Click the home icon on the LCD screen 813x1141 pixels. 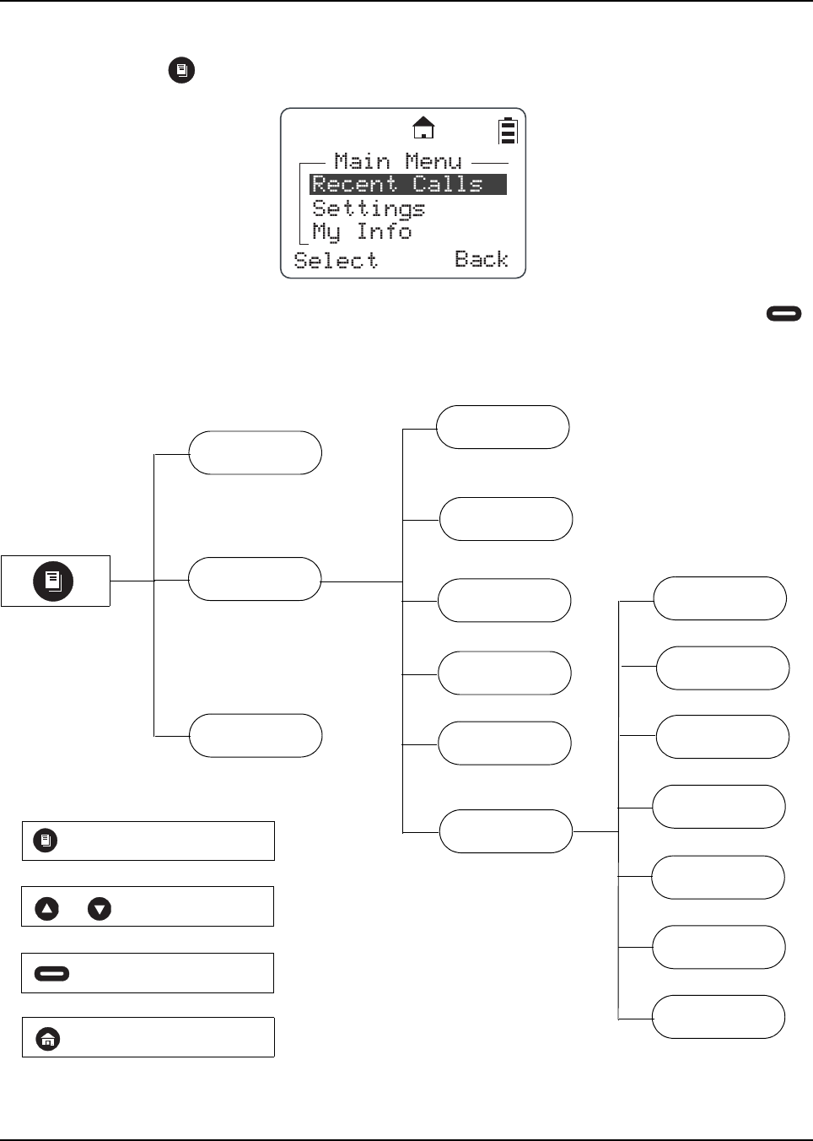pyautogui.click(x=423, y=128)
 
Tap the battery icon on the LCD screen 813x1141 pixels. pyautogui.click(x=507, y=132)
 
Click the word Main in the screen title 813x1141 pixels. pyautogui.click(x=362, y=161)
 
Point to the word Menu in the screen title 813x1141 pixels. pyautogui.click(x=433, y=161)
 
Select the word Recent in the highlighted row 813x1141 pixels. pyautogui.click(x=354, y=184)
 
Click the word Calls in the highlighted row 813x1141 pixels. pyautogui.click(x=448, y=184)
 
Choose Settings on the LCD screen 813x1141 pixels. pyautogui.click(x=369, y=208)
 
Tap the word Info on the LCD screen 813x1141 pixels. pyautogui.click(x=384, y=231)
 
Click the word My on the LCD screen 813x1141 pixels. pyautogui.click(x=326, y=231)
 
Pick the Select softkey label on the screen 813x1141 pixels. pyautogui.click(x=336, y=260)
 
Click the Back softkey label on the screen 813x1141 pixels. pyautogui.click(x=482, y=259)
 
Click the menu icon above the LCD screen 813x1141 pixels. pyautogui.click(x=181, y=70)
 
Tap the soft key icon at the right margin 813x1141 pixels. pyautogui.click(x=783, y=314)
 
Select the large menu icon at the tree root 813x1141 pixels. pyautogui.click(x=53, y=581)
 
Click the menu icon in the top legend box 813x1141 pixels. pyautogui.click(x=46, y=841)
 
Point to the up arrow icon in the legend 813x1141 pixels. pyautogui.click(x=47, y=909)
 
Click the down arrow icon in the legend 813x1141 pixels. pyautogui.click(x=100, y=909)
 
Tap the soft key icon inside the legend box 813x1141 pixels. pyautogui.click(x=52, y=974)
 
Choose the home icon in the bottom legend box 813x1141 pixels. pyautogui.click(x=48, y=1039)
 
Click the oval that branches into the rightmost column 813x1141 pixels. pyautogui.click(x=506, y=831)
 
